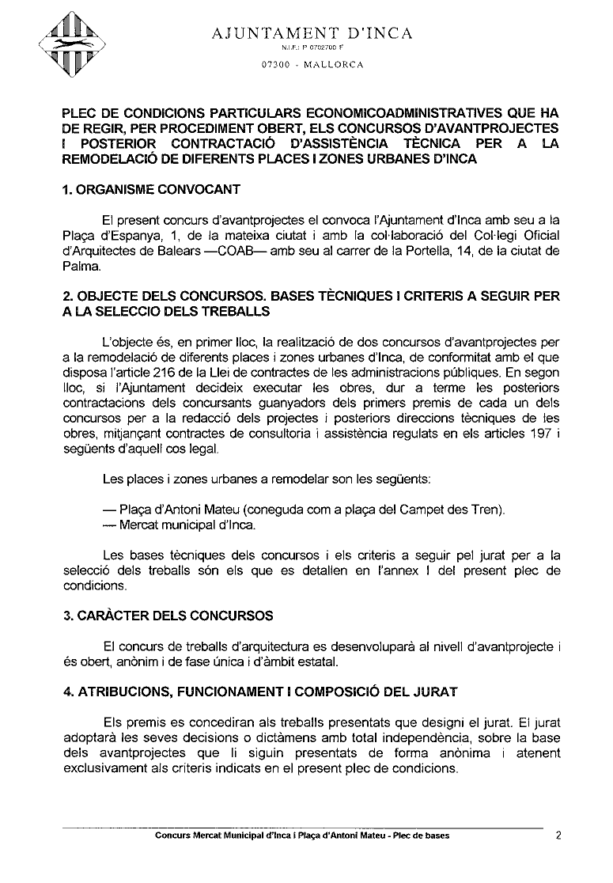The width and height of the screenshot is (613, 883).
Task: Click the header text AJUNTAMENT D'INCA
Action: coord(312,33)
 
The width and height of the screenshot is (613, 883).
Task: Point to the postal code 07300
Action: coord(274,65)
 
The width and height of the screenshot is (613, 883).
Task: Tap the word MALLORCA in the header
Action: coord(333,65)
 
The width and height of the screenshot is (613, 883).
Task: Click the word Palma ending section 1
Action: coord(79,267)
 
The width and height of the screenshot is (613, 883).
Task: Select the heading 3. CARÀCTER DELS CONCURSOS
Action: coord(168,616)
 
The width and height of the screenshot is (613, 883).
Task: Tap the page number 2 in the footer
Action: coord(558,835)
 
